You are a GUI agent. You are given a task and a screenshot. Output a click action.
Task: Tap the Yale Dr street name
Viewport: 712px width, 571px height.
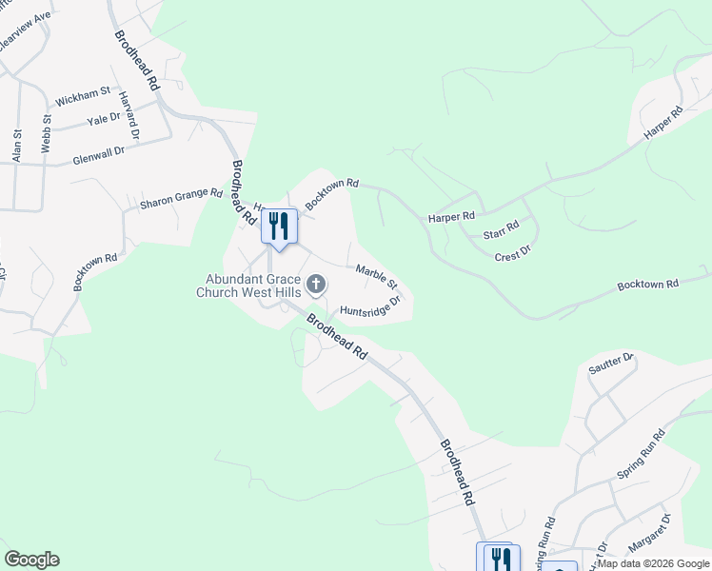click(104, 120)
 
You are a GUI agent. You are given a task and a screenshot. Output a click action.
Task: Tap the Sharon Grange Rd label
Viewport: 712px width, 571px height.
click(181, 198)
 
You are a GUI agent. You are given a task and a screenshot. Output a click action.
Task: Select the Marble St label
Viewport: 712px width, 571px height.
click(376, 278)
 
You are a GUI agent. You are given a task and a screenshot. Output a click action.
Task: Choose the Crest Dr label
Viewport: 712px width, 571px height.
click(512, 252)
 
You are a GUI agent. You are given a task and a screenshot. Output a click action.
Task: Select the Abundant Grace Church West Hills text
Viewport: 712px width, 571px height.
click(248, 285)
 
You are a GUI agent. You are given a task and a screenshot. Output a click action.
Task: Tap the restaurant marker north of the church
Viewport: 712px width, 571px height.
click(279, 226)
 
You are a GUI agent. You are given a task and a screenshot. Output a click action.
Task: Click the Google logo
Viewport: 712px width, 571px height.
click(31, 560)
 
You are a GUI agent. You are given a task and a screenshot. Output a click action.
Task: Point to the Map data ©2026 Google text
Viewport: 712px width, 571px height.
click(653, 563)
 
